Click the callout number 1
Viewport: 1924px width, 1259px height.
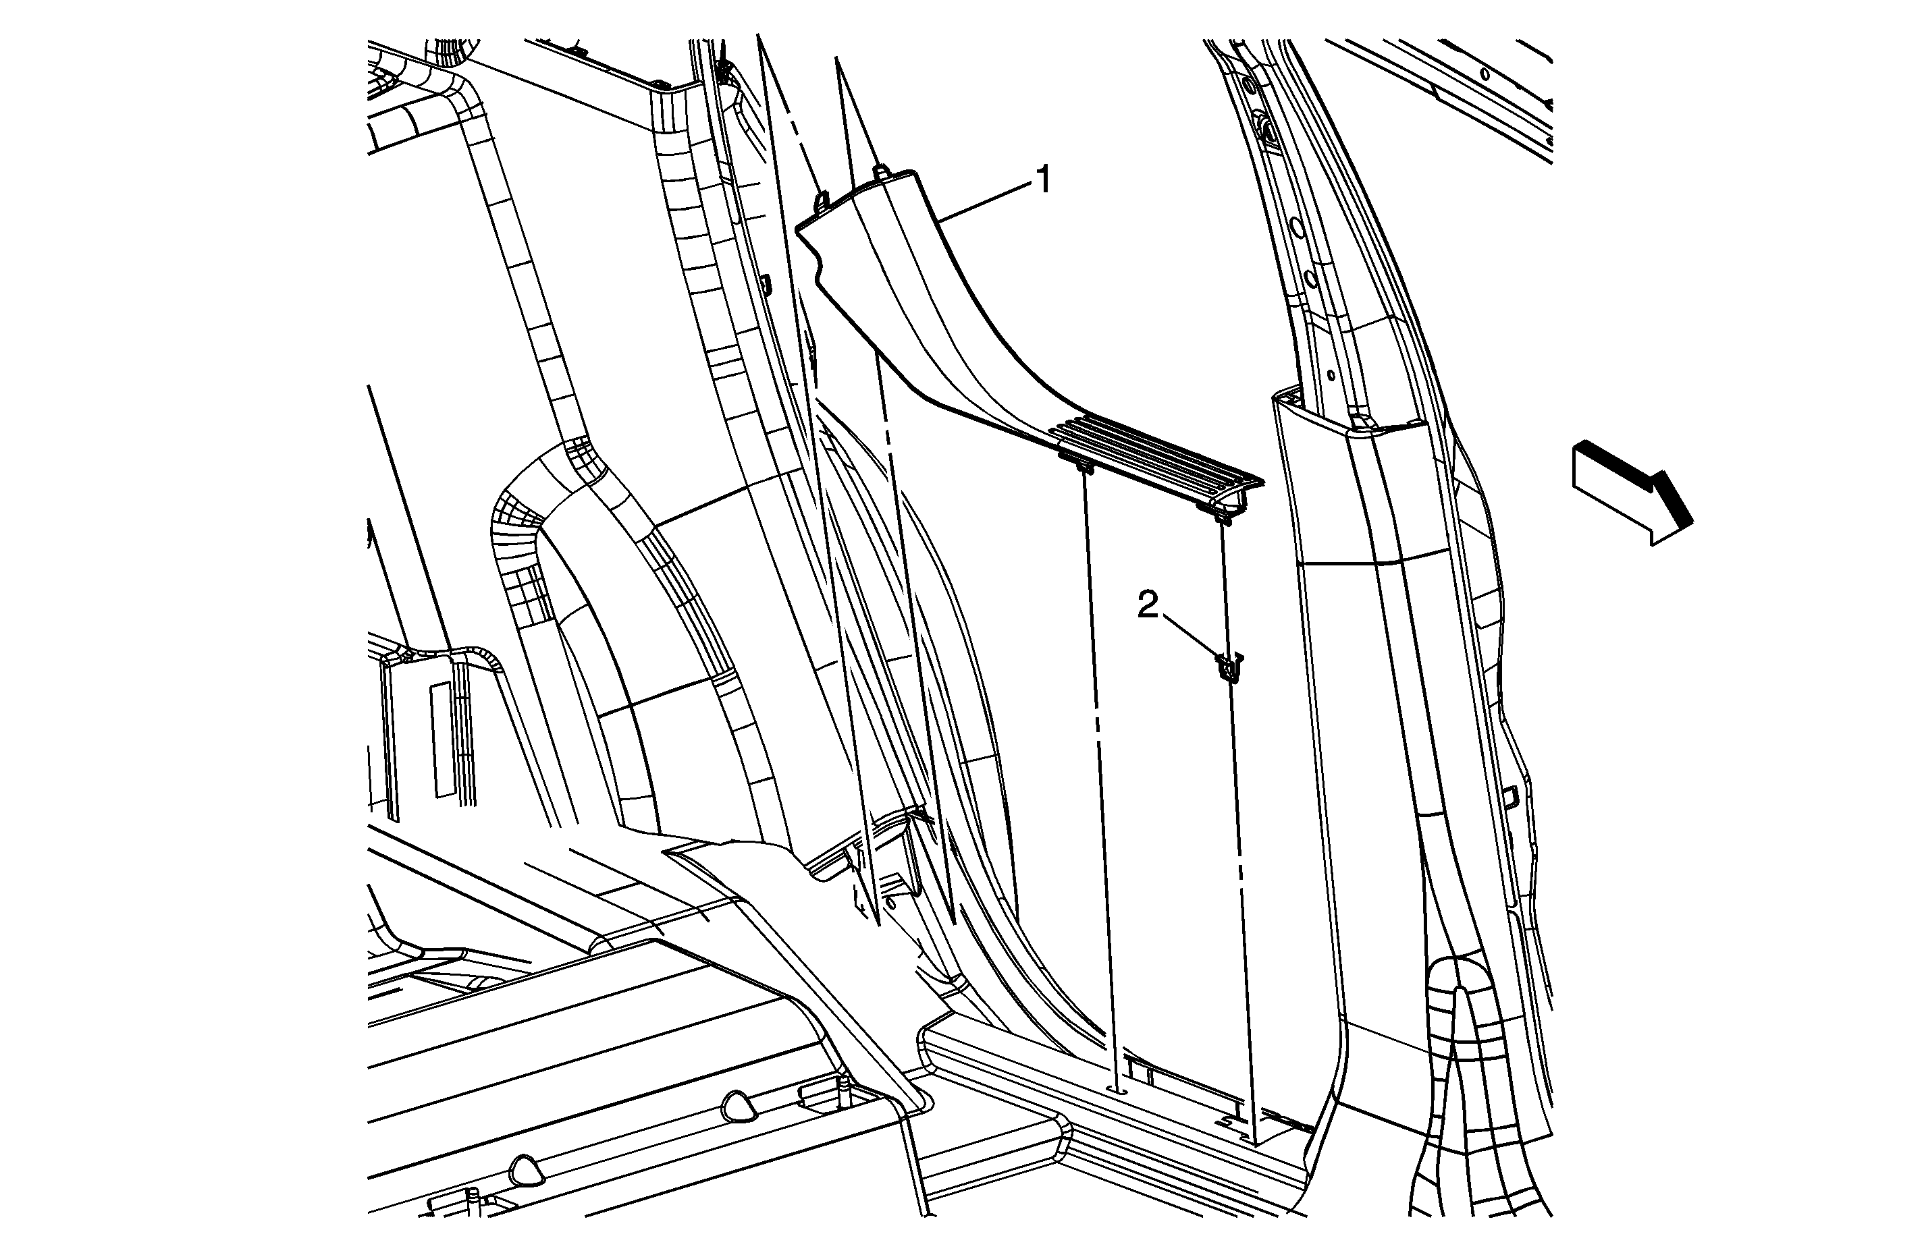point(1044,179)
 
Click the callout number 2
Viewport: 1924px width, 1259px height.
point(1148,605)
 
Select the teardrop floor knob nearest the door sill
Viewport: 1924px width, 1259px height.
point(736,1107)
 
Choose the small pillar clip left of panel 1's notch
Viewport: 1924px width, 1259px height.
point(765,282)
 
